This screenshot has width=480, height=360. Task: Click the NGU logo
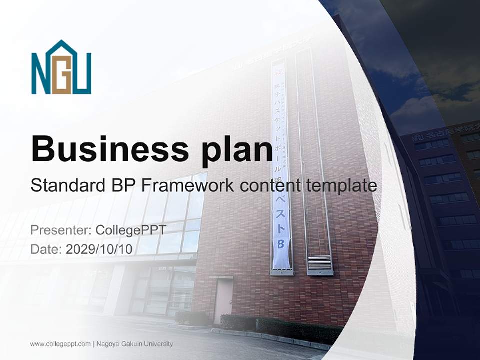[x=61, y=68]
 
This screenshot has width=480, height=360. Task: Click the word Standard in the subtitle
[x=64, y=186]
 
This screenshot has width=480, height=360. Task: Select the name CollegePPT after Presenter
[x=130, y=230]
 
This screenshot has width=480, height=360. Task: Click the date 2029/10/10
[x=99, y=249]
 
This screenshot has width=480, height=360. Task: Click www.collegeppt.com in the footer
[x=60, y=344]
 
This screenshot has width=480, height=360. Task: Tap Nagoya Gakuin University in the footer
[x=134, y=344]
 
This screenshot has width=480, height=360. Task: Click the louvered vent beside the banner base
[x=320, y=262]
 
